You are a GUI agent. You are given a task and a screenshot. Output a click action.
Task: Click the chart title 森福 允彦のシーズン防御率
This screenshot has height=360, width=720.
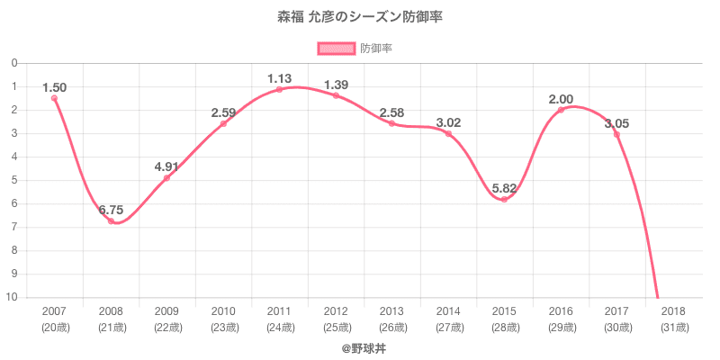(x=359, y=17)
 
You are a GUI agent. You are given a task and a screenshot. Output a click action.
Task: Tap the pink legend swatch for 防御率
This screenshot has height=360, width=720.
(x=335, y=49)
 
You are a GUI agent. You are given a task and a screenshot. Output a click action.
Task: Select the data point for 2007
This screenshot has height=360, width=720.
(x=54, y=98)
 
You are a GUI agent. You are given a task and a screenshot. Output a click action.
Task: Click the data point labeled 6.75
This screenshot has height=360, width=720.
(x=111, y=220)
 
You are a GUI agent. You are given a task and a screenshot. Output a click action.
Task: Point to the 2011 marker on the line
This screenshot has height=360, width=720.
(x=279, y=89)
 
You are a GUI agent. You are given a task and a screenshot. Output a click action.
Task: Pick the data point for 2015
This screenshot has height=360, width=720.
(x=504, y=199)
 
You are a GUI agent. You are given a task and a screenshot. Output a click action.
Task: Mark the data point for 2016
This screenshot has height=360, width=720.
(x=561, y=110)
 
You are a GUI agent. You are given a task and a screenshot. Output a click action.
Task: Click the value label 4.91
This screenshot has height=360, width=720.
(x=167, y=166)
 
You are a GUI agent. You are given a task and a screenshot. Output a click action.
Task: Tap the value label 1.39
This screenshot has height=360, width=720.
(x=336, y=85)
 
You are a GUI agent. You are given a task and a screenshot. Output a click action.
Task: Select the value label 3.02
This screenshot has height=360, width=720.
(x=448, y=122)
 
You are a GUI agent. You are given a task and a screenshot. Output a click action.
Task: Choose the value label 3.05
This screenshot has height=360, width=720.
(x=616, y=123)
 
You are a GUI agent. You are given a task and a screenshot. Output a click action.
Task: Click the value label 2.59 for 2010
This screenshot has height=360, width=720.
(x=223, y=112)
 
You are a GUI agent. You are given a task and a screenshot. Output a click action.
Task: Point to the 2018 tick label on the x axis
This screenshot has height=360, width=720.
(x=673, y=310)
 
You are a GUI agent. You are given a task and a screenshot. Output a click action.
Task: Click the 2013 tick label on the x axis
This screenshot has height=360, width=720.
(x=391, y=310)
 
